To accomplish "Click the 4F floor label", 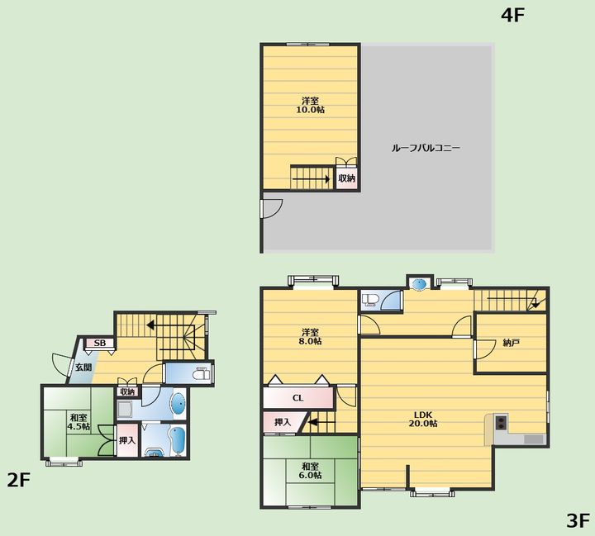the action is click(x=512, y=15).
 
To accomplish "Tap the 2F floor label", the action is click(x=18, y=480).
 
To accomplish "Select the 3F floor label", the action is click(x=578, y=520).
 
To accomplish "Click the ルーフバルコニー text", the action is click(x=426, y=148).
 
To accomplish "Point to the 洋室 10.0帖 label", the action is click(x=310, y=105).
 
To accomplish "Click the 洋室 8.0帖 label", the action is click(x=310, y=336).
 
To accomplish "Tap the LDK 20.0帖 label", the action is click(x=423, y=419).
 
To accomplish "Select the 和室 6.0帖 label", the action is click(x=310, y=471).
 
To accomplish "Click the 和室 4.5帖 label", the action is click(x=79, y=422).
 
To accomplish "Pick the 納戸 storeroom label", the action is click(x=511, y=343).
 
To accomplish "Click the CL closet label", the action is click(x=297, y=398).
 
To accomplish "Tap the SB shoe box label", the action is click(x=99, y=343).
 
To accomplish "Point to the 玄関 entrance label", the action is click(x=83, y=368).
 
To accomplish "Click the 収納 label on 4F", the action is click(x=346, y=178).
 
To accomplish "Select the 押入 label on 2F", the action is click(x=126, y=440).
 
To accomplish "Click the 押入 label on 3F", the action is click(x=283, y=422).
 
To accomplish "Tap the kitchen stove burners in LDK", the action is click(x=501, y=422).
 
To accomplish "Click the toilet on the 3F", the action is click(x=369, y=300).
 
